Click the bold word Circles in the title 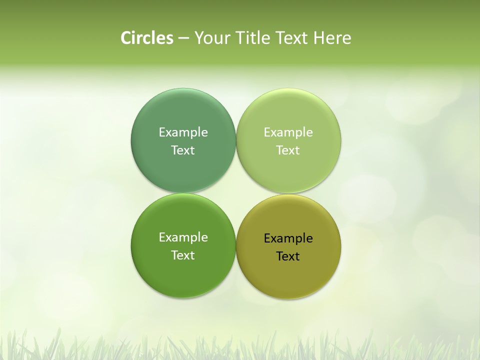[146, 38]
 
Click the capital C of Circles [126, 38]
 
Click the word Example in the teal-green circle [183, 132]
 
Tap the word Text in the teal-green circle [183, 150]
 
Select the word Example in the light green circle [288, 132]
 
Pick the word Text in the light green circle [288, 150]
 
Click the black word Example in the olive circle [288, 238]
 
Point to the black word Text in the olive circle [288, 256]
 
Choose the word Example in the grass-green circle [183, 237]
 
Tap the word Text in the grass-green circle [183, 255]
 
